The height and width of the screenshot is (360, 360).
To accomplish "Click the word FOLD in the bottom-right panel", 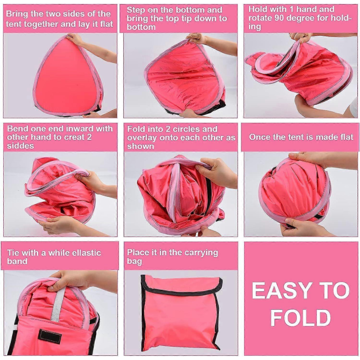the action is tap(300, 318).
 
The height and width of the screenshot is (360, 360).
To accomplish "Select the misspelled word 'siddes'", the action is tap(20, 146).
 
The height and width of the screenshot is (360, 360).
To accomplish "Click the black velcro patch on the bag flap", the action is tap(50, 337).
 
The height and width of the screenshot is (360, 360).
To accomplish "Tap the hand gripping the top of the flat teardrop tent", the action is tap(75, 39).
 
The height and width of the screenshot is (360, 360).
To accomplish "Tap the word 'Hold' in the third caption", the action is tap(257, 9).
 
